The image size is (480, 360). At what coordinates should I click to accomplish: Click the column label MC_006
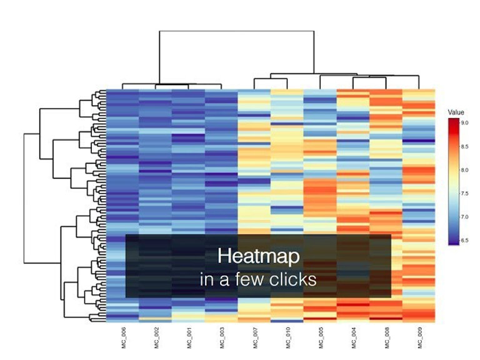(123, 337)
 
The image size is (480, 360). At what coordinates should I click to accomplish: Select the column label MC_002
(156, 337)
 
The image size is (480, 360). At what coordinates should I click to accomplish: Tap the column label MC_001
(188, 337)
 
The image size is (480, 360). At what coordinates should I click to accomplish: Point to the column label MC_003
(221, 337)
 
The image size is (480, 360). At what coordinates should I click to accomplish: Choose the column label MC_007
(254, 337)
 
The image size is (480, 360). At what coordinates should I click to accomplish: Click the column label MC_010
(287, 337)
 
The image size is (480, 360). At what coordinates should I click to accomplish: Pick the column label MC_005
(320, 337)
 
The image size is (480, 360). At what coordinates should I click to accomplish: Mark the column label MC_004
(353, 337)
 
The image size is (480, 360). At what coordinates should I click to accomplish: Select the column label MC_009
(419, 337)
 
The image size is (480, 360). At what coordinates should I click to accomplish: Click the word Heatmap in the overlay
(258, 256)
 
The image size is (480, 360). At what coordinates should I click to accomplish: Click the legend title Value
(456, 112)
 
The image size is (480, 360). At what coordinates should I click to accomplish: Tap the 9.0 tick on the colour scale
(465, 123)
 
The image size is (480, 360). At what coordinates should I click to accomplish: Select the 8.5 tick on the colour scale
(465, 146)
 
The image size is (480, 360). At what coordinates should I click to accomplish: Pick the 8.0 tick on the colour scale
(465, 170)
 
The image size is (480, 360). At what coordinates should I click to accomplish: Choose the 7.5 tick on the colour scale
(465, 193)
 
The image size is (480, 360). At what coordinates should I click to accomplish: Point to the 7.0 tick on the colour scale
(465, 217)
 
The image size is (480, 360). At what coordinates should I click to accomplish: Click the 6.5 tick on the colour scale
(465, 240)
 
